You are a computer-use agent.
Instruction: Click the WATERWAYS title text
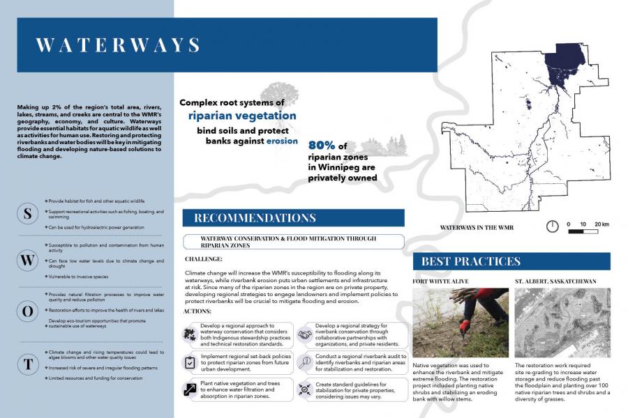coord(118,45)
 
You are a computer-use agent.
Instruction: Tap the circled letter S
coord(27,214)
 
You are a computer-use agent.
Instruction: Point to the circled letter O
coord(27,311)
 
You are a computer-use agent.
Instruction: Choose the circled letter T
coord(27,364)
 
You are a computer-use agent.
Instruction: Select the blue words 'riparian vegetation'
coord(242,116)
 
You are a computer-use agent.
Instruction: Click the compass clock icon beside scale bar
coord(552,226)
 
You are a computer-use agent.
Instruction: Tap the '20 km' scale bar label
coord(601,224)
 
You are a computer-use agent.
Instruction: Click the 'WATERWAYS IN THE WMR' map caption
coord(477,228)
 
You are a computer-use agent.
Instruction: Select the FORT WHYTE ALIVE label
coord(440,281)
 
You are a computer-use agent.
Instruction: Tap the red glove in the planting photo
coord(464,326)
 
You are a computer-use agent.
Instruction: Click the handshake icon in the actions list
coord(305,334)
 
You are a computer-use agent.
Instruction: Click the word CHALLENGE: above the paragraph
coord(204,259)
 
